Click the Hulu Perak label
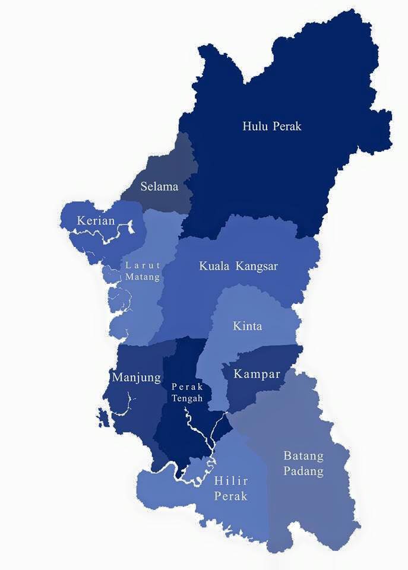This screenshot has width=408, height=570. (272, 126)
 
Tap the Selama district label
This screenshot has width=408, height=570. (159, 186)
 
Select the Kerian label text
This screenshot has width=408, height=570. (96, 221)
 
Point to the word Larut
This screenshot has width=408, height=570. (143, 265)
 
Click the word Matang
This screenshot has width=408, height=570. (143, 277)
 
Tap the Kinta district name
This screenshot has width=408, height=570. (247, 327)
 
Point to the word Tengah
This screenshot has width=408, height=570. (187, 398)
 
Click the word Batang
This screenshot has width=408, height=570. (303, 457)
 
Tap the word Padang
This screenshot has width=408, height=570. (303, 472)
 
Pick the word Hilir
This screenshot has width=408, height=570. (230, 481)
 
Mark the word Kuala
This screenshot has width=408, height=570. (215, 266)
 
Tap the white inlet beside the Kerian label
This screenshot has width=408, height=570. (129, 226)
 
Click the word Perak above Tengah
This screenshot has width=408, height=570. (187, 387)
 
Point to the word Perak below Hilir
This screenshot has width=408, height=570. (230, 496)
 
